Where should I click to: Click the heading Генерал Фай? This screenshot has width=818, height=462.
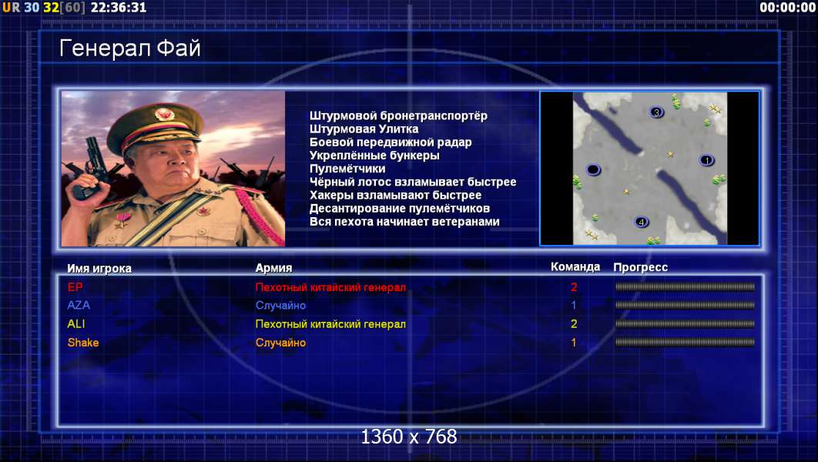click(130, 48)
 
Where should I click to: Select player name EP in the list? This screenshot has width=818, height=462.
click(75, 286)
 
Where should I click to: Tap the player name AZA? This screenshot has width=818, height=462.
click(79, 305)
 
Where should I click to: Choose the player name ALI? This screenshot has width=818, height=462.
click(76, 324)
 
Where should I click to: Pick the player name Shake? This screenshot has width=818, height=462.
click(83, 343)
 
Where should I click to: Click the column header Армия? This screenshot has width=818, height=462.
click(274, 268)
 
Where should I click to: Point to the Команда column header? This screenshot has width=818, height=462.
click(575, 267)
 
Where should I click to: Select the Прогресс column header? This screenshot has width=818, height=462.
click(641, 267)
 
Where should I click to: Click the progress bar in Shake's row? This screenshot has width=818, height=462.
click(685, 343)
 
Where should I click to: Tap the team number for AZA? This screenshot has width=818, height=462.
click(574, 305)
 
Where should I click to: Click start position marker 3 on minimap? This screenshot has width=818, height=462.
click(656, 112)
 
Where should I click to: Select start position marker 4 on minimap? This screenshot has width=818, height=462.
click(641, 222)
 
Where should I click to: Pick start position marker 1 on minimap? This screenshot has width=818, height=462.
click(706, 161)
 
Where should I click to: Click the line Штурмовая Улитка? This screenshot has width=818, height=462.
click(364, 129)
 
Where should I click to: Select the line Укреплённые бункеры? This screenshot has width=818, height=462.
click(374, 156)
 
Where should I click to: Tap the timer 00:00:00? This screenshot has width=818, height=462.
click(787, 7)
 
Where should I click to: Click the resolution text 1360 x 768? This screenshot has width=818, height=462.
click(409, 437)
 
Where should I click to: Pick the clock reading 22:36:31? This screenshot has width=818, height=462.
click(119, 7)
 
